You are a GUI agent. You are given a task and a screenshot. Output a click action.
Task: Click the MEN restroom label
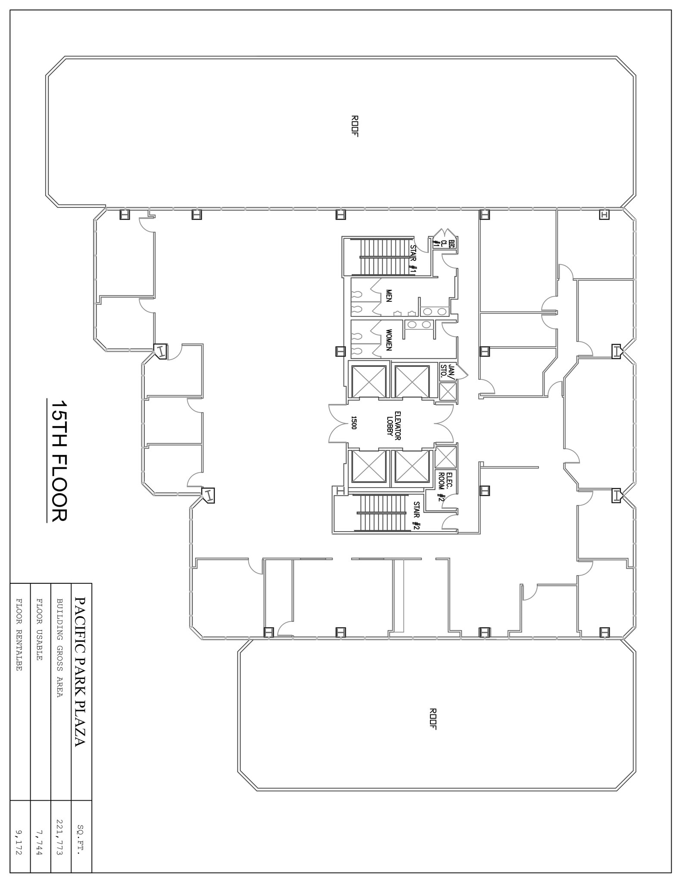click(x=389, y=296)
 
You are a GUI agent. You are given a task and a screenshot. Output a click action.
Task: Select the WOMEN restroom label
click(x=389, y=340)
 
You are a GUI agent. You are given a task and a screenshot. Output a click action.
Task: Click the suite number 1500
click(x=354, y=423)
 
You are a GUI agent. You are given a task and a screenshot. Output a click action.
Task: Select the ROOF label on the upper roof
click(x=355, y=126)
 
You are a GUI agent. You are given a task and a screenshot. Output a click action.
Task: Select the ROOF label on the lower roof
click(x=433, y=719)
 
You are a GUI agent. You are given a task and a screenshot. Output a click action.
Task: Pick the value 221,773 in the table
click(x=61, y=837)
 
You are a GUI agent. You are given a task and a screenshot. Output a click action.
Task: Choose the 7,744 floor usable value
click(x=40, y=843)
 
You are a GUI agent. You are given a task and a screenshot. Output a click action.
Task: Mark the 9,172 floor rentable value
click(x=20, y=843)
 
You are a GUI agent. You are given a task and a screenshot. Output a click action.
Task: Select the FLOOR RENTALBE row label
click(x=19, y=634)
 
